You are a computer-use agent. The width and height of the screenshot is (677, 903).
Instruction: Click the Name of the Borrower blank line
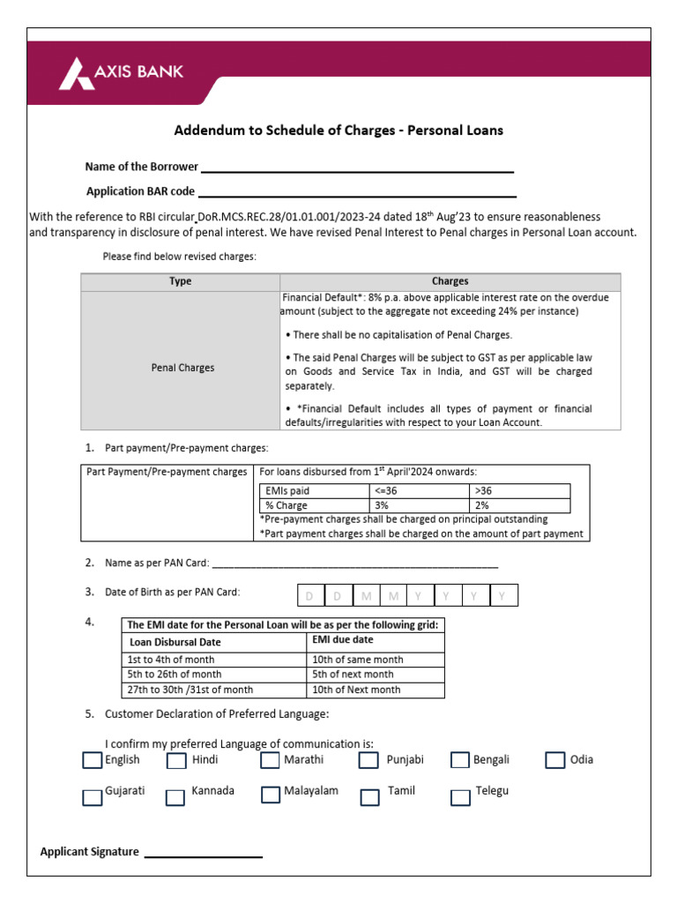[x=357, y=170]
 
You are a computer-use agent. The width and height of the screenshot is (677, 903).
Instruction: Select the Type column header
[x=180, y=282]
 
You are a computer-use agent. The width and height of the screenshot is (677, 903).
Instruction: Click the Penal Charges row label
[x=182, y=368]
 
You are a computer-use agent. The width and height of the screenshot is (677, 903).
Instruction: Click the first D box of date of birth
[x=309, y=596]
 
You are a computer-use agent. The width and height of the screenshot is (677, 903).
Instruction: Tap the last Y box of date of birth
[x=502, y=596]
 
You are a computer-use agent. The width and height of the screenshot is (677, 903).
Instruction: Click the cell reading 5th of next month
[x=376, y=675]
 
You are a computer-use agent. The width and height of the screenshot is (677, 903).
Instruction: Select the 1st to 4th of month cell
[x=214, y=660]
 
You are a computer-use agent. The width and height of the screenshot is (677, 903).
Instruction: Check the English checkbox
[x=93, y=760]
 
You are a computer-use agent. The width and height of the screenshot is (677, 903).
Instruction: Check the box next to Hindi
[x=176, y=760]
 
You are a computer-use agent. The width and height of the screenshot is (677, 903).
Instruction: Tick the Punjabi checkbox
[x=369, y=760]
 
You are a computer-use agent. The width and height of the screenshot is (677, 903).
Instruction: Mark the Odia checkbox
[x=554, y=760]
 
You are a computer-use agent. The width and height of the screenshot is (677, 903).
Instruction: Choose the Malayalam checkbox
[x=271, y=795]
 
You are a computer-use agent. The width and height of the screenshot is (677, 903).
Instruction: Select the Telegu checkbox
[x=460, y=797]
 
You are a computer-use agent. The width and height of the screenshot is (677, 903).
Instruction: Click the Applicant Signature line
[x=203, y=855]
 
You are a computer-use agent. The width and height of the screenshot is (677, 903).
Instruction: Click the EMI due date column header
[x=376, y=641]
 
